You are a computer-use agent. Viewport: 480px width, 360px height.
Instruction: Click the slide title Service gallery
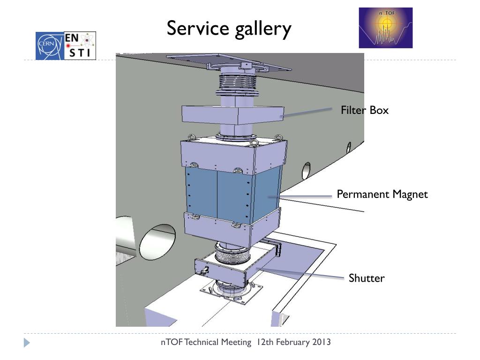coord(229,29)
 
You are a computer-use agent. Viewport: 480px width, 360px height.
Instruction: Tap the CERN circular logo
coord(47,46)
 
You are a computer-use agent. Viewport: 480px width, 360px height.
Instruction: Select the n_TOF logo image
coord(385,28)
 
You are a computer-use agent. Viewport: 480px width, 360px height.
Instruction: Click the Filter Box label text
coord(365,111)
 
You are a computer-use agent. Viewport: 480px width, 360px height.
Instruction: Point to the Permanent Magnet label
coord(382,194)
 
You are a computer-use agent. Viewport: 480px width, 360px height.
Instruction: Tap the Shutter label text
coord(366,278)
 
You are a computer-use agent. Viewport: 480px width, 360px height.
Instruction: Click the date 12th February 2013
coord(293,342)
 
